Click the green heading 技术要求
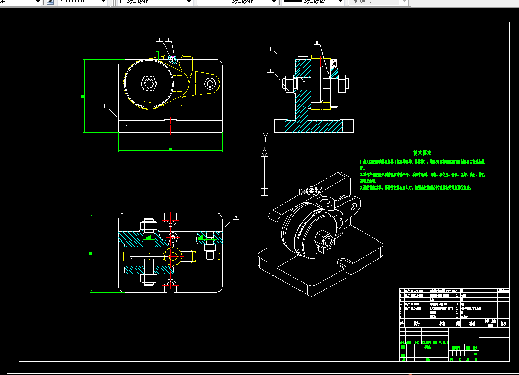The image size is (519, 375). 422,153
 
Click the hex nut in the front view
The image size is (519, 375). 149,83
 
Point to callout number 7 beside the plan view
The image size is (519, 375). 236,218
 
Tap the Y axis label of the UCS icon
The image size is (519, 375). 265,136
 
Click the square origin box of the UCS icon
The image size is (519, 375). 264,192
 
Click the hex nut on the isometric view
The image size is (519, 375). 324,237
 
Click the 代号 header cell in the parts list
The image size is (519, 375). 417,323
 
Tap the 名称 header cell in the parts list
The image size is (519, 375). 442,323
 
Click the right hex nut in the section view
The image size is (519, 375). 342,83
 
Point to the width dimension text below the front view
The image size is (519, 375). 170,150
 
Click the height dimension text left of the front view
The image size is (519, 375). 82,96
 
